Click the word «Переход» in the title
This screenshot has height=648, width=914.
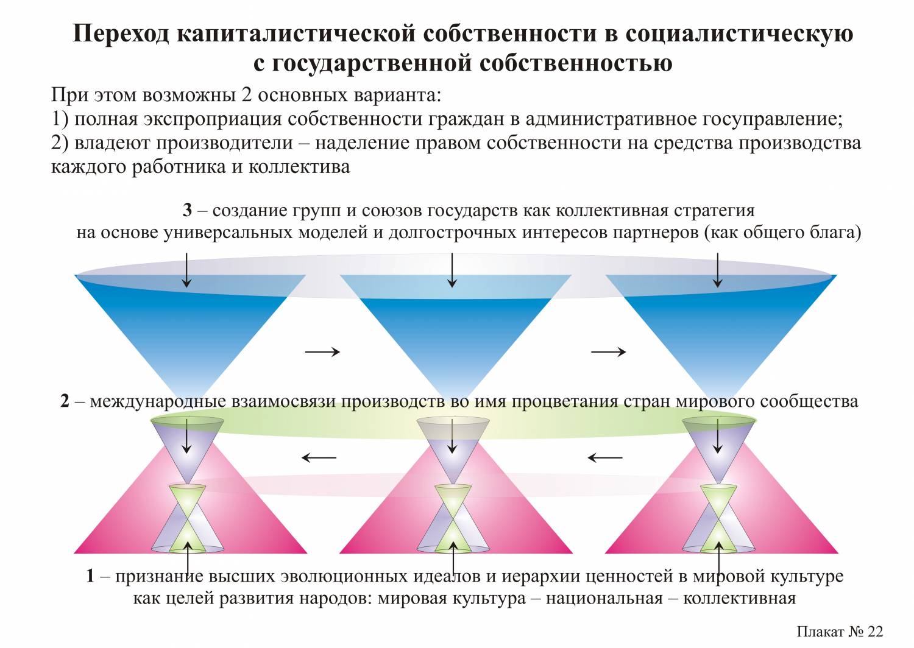click(x=121, y=34)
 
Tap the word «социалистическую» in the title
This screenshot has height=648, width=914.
click(x=739, y=34)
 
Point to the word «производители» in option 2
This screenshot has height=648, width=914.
click(x=224, y=143)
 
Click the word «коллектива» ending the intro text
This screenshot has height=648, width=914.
click(x=299, y=167)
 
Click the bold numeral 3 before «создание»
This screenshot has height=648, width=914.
click(x=187, y=211)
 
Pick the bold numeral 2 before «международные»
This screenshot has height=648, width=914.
click(x=65, y=401)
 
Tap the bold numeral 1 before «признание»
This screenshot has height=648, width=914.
click(x=90, y=576)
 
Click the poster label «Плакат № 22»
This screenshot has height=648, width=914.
click(x=840, y=632)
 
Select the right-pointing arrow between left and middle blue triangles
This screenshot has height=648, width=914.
click(x=322, y=352)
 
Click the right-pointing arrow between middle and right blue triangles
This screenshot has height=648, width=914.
click(x=608, y=352)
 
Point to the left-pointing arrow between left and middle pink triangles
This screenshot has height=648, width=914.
click(x=319, y=457)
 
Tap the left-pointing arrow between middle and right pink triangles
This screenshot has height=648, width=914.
click(x=605, y=457)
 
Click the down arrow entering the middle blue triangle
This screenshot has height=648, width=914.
click(x=452, y=270)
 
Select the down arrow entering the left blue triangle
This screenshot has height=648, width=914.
click(x=186, y=270)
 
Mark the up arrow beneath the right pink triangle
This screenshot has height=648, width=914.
click(x=719, y=559)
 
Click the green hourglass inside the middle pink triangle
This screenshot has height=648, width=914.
click(x=453, y=518)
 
